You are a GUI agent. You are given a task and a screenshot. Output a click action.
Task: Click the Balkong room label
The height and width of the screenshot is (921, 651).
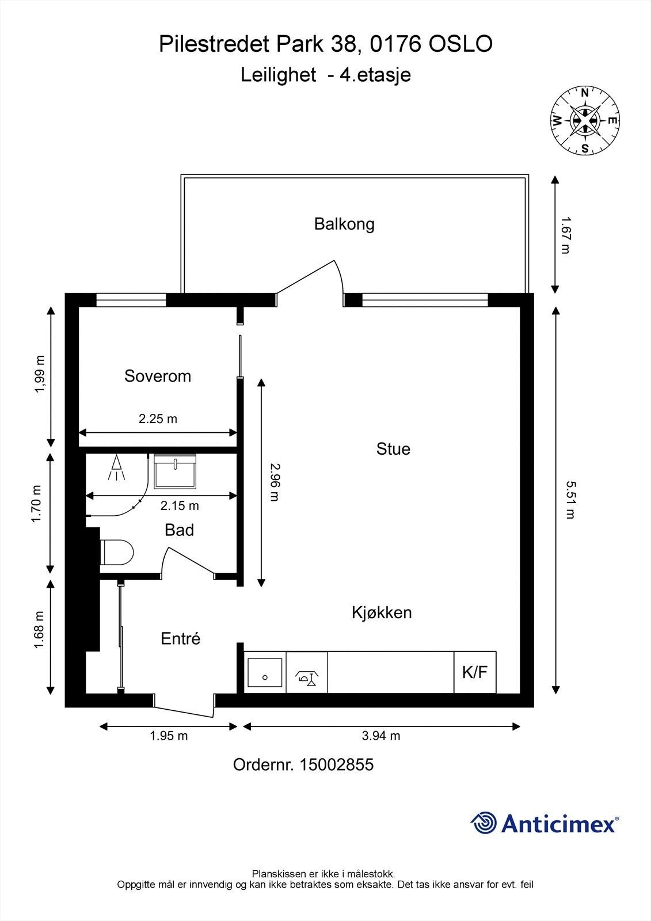(344, 224)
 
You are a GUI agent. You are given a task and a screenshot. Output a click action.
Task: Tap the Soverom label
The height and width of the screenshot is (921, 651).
(158, 376)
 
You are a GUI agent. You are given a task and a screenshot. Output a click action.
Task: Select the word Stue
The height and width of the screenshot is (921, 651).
(393, 448)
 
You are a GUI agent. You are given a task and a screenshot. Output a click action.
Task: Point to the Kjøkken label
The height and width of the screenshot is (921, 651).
(382, 612)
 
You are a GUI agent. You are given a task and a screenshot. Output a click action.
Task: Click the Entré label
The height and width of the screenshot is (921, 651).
(180, 638)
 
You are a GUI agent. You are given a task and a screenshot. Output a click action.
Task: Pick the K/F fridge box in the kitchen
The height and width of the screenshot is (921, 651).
(475, 672)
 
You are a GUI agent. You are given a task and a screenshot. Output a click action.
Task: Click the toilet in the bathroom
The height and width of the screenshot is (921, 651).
(117, 552)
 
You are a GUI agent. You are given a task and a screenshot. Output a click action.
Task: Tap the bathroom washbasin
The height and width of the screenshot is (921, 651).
(175, 471)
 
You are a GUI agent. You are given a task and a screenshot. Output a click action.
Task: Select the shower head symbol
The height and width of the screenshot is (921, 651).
(116, 467)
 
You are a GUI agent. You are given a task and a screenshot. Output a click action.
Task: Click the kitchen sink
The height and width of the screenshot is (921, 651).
(265, 672)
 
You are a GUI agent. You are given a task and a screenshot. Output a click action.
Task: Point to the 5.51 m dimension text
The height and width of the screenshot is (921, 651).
(570, 500)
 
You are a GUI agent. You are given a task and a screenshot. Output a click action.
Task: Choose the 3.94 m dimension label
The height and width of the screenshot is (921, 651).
(381, 736)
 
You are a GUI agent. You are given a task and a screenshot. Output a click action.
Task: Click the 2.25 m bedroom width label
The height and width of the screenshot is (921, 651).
(158, 418)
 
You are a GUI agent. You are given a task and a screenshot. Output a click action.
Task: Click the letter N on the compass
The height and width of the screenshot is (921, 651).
(584, 93)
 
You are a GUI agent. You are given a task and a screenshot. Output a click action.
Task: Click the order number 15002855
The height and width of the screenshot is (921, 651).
(336, 765)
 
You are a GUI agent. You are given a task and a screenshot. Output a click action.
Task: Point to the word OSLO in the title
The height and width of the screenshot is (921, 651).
(460, 44)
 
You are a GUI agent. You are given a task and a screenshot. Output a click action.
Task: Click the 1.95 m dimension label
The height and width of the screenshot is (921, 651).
(169, 736)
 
